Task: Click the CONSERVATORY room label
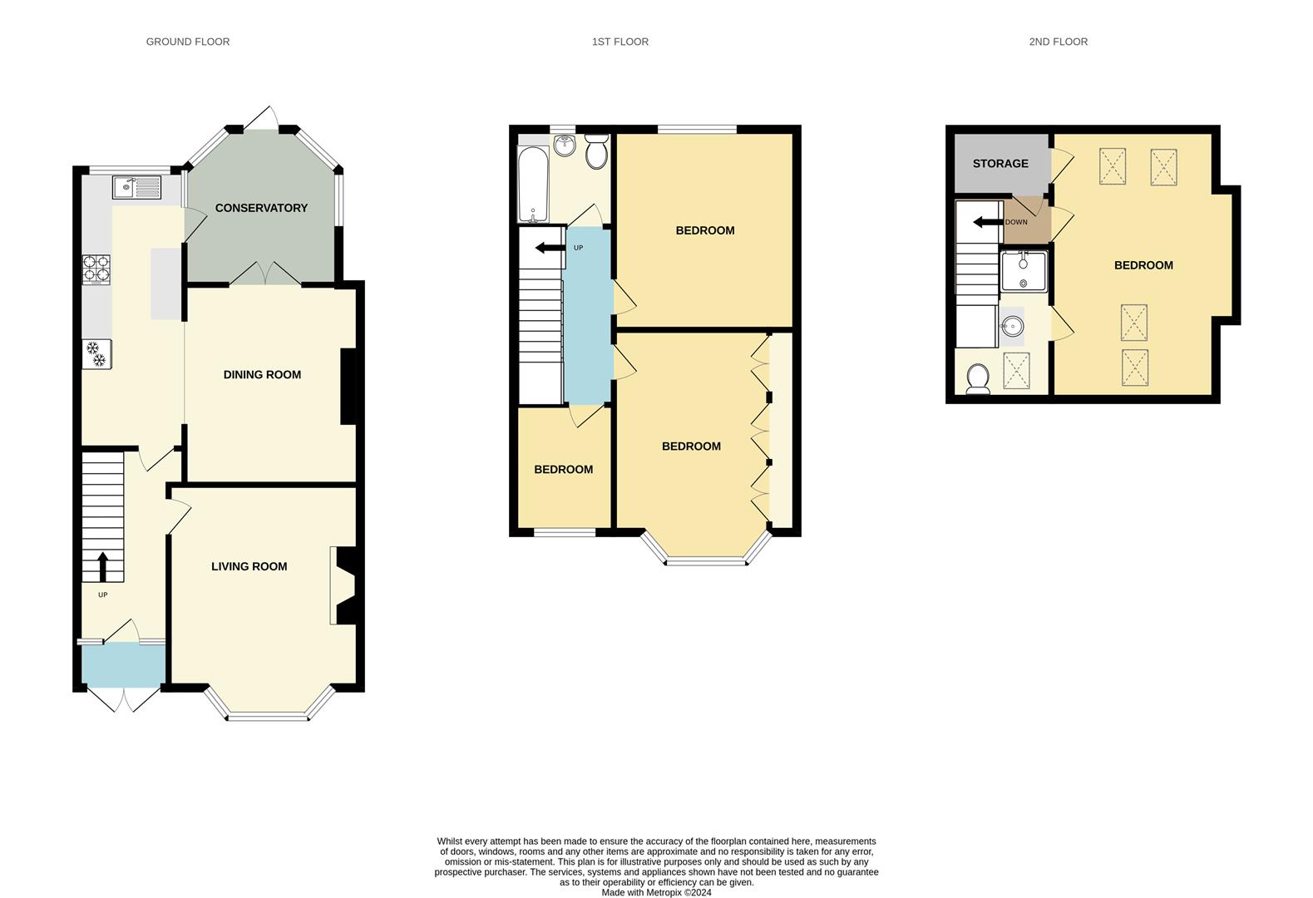261,208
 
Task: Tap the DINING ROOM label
262,375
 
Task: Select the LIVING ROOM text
249,566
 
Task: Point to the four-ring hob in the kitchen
96,269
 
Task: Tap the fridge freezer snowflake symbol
96,353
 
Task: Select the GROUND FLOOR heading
188,42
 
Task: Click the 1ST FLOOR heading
619,42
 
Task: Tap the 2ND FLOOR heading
1058,42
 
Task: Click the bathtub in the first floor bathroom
532,185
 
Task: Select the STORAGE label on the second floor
1000,164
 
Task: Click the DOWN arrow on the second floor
987,222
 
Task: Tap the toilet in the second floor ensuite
978,378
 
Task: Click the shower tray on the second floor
1024,271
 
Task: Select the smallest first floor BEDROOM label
563,470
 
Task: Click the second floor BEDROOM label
1143,265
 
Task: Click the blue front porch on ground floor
123,665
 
